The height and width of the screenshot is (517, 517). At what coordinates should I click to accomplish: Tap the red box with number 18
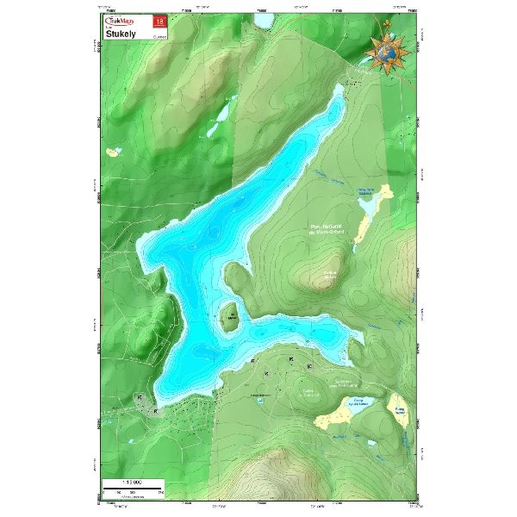pyautogui.click(x=157, y=20)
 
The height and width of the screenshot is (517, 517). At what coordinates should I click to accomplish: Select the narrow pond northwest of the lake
pyautogui.click(x=221, y=114)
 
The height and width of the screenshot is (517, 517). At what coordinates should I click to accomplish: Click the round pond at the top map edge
pyautogui.click(x=260, y=19)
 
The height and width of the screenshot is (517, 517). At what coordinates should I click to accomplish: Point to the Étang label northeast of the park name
pyautogui.click(x=367, y=191)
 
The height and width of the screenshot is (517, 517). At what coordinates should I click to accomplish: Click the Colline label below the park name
pyautogui.click(x=328, y=275)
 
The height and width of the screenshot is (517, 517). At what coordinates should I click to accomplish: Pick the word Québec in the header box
pyautogui.click(x=158, y=37)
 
